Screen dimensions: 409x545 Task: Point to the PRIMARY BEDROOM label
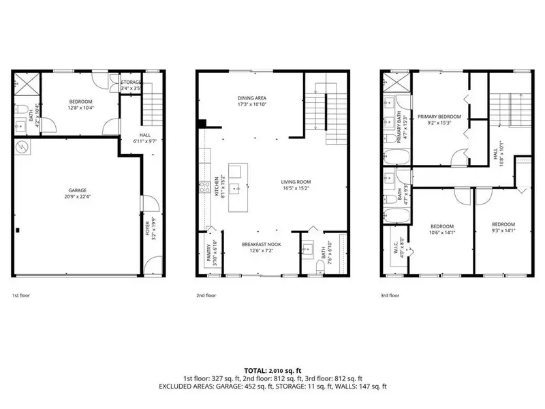439,117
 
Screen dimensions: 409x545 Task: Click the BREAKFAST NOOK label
258,244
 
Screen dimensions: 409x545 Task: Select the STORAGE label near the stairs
131,82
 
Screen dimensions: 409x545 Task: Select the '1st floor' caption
20,296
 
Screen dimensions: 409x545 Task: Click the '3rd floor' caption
389,296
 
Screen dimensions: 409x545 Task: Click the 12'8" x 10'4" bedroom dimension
81,107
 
